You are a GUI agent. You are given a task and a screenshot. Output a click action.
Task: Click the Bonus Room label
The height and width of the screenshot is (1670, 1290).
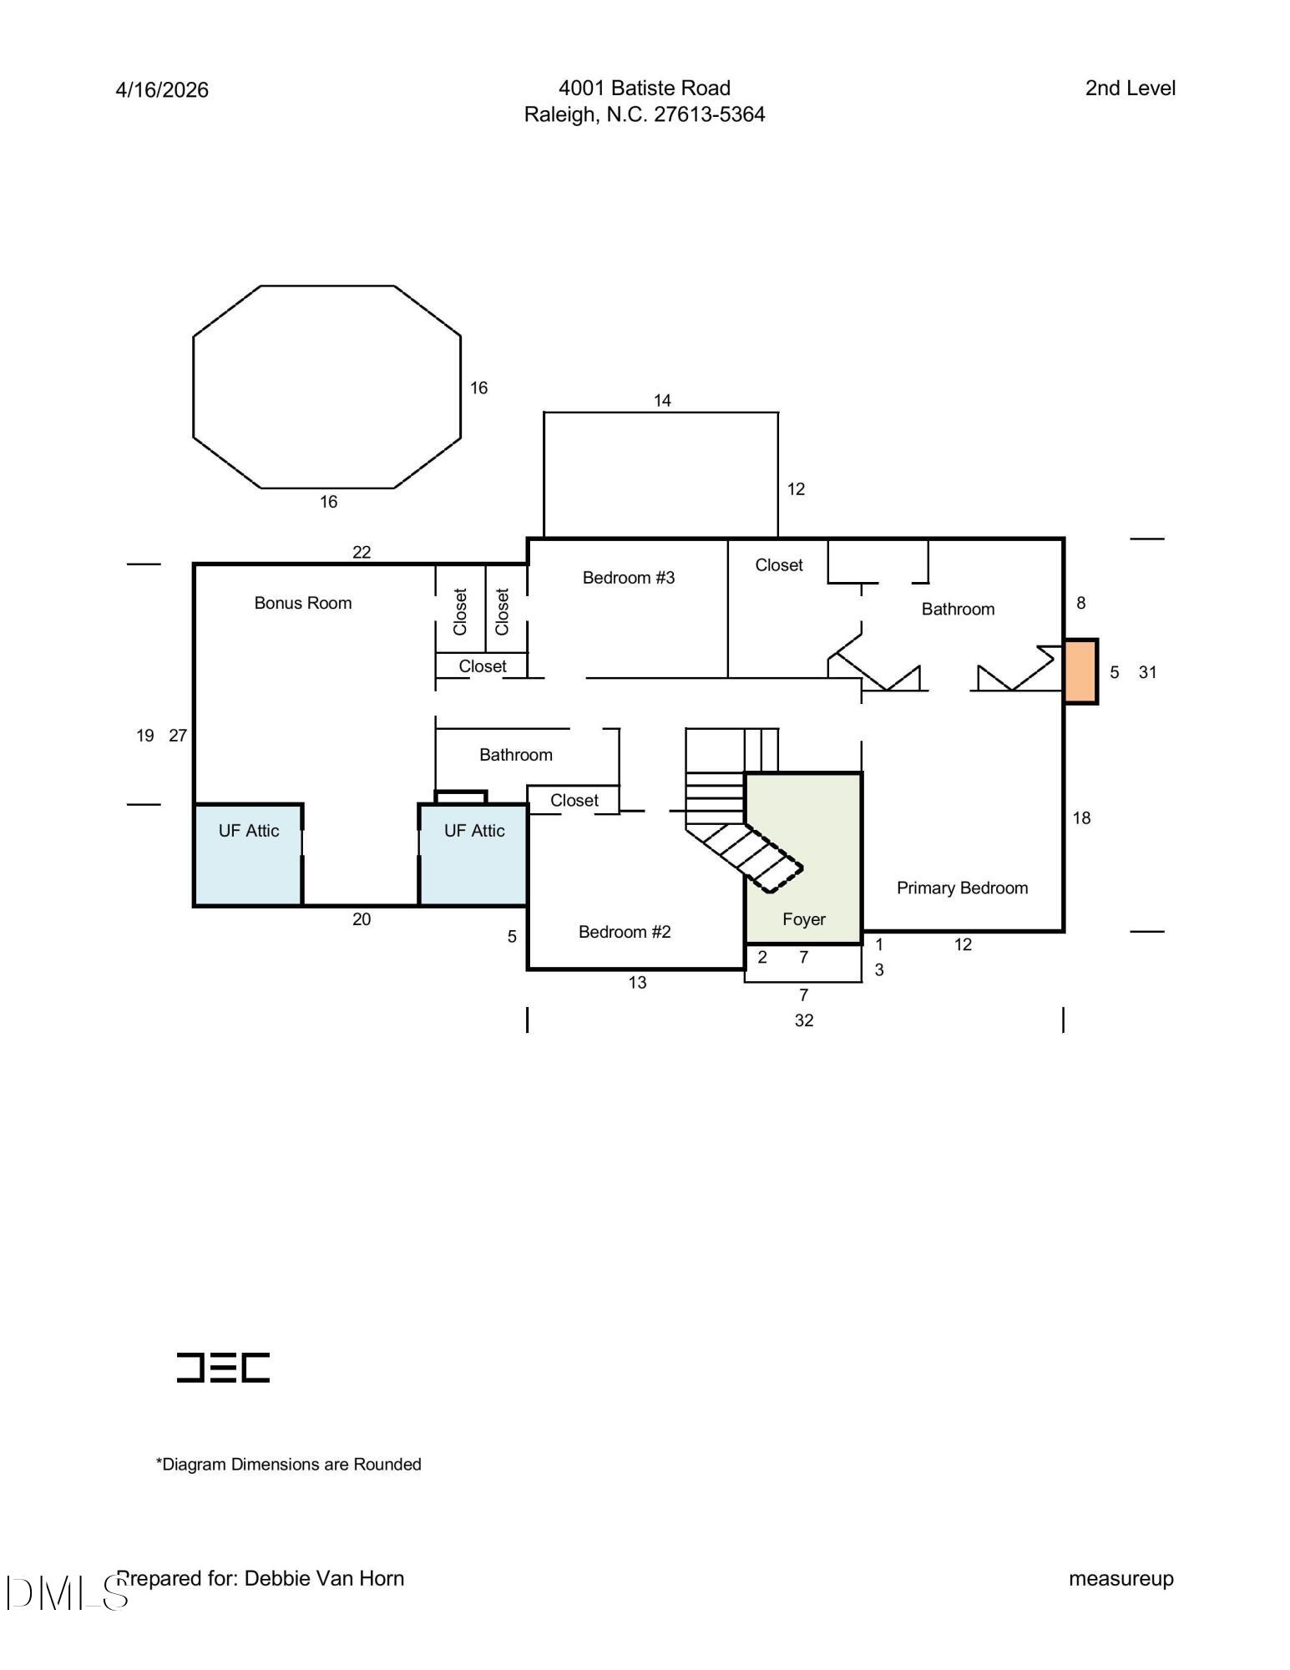[x=302, y=603]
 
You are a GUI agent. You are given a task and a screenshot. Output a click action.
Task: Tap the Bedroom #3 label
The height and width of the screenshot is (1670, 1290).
[x=628, y=578]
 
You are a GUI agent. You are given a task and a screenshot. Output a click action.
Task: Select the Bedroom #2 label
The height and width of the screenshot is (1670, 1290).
[x=625, y=932]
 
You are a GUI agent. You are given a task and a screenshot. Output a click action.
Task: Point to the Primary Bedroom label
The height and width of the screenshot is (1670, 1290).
[x=962, y=888]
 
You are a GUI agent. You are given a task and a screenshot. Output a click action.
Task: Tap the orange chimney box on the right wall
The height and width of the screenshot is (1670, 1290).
[x=1080, y=672]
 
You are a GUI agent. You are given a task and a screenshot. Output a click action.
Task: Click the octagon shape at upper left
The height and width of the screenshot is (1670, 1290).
[x=326, y=387]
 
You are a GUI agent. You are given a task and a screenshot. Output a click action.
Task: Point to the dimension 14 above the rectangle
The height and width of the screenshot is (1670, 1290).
[x=662, y=401]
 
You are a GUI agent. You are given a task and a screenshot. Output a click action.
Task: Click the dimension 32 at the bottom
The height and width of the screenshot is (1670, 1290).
[x=803, y=1020]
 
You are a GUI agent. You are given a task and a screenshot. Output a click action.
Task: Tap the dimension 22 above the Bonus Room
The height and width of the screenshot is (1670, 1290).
[x=362, y=552]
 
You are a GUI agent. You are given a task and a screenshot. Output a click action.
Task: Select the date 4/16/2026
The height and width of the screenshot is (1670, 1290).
[x=162, y=90]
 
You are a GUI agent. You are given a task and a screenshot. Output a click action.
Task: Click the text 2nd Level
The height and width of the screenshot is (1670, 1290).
[x=1130, y=89]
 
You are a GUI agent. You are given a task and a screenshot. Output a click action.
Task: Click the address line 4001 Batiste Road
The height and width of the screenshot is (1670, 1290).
[x=644, y=89]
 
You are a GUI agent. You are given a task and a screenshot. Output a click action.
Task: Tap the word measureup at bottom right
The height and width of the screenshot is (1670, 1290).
[x=1121, y=1578]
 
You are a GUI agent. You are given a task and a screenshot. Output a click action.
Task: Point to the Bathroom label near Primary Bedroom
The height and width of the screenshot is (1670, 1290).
[x=958, y=610]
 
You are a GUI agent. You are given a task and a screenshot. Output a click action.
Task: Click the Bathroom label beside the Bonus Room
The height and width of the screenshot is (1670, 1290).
[x=515, y=755]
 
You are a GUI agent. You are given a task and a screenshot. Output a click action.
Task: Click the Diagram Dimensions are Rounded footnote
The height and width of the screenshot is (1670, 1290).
[x=288, y=1464]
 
